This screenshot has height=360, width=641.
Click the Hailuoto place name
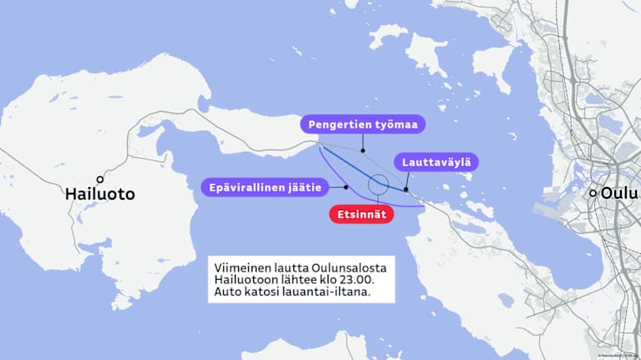click(100, 195)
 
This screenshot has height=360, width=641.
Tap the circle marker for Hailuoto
click(100, 179)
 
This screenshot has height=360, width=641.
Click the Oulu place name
click(620, 193)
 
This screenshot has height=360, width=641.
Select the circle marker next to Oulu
click(593, 193)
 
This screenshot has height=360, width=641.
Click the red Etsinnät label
click(360, 214)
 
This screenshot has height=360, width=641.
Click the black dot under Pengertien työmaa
click(362, 151)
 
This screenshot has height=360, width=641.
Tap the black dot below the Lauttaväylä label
click(406, 189)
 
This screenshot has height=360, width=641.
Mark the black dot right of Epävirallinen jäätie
click(345, 188)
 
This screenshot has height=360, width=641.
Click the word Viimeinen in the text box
click(242, 266)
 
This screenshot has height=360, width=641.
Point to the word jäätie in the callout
click(304, 188)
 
